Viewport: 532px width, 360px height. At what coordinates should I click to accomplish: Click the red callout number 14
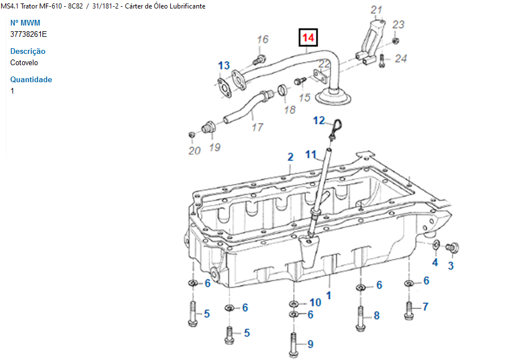(x=308, y=37)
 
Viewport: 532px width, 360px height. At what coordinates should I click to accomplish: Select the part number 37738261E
(x=28, y=34)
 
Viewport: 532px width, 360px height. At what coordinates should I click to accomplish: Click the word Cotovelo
(x=24, y=63)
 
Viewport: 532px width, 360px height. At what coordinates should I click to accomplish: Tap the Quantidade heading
(x=31, y=79)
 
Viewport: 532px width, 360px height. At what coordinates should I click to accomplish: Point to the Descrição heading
(x=28, y=51)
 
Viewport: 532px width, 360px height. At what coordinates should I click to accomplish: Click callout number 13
(x=223, y=65)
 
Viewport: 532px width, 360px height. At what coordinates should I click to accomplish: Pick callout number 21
(x=376, y=10)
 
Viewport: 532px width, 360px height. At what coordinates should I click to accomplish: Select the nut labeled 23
(x=395, y=41)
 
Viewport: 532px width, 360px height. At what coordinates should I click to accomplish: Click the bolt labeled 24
(x=382, y=61)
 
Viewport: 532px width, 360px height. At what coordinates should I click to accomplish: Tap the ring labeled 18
(x=282, y=90)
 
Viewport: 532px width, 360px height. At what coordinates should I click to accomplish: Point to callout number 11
(x=310, y=155)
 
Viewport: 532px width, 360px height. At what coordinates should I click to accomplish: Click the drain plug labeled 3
(x=453, y=248)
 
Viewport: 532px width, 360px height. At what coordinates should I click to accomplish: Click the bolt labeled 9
(x=294, y=344)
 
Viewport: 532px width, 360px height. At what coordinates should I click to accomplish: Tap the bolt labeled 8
(x=360, y=318)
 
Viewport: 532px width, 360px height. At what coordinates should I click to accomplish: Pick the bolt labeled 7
(x=409, y=311)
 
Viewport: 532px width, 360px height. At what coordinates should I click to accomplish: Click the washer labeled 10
(x=294, y=303)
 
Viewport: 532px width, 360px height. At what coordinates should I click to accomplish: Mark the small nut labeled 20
(x=192, y=135)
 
